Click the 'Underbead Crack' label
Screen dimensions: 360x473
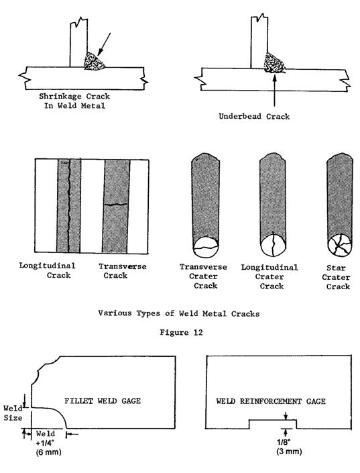click(x=254, y=117)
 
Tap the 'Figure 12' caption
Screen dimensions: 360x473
click(x=181, y=332)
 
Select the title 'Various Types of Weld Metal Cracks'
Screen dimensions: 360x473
click(x=179, y=313)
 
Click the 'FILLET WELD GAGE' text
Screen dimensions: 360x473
click(x=103, y=401)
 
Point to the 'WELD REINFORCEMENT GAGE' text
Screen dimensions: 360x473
click(x=271, y=401)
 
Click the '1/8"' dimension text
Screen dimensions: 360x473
click(x=284, y=442)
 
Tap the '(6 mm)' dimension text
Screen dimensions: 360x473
click(x=48, y=452)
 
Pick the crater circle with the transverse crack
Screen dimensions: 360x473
click(x=205, y=247)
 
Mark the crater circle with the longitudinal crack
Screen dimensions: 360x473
click(x=273, y=245)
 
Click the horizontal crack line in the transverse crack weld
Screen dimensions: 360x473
click(x=116, y=205)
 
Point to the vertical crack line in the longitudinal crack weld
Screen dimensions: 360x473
click(x=69, y=206)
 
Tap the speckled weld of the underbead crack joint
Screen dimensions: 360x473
click(x=274, y=63)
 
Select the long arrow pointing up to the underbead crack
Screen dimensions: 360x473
click(x=274, y=91)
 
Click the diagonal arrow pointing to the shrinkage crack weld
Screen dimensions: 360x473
click(x=104, y=44)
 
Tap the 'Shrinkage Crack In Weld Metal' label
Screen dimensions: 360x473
click(x=74, y=101)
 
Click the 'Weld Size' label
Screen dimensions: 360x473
click(x=13, y=413)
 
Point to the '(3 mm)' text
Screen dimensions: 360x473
click(x=289, y=452)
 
